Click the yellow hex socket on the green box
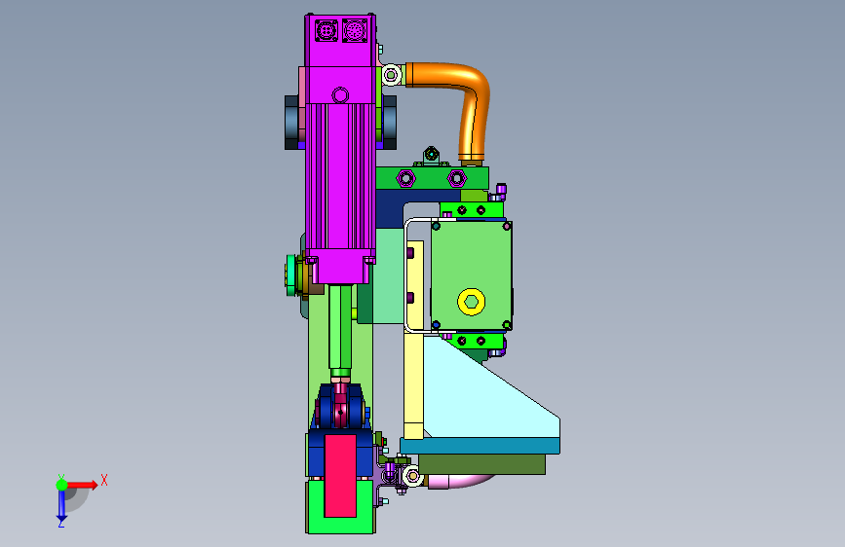coord(471,302)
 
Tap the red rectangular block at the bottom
coord(340,476)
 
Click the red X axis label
coord(104,480)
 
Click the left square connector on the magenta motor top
coord(326,31)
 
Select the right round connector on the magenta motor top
coord(355,31)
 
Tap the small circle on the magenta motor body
coord(340,95)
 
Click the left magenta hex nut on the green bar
coord(405,178)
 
